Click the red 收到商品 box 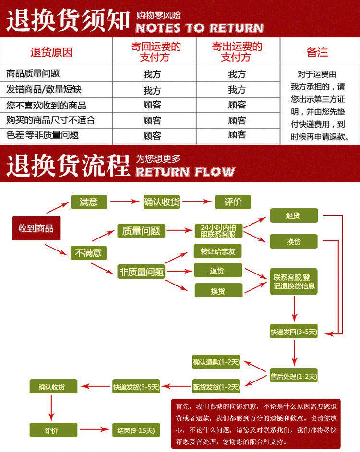click(x=36, y=228)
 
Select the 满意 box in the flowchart click(x=88, y=202)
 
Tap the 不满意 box click(x=88, y=252)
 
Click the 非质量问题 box click(x=142, y=272)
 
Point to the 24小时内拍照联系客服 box click(x=218, y=231)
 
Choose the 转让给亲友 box click(x=218, y=251)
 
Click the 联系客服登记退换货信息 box click(x=293, y=281)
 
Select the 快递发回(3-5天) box click(x=293, y=332)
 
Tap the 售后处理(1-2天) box click(x=293, y=376)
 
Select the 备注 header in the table click(x=317, y=52)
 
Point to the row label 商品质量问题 click(x=33, y=74)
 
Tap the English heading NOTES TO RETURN click(x=199, y=28)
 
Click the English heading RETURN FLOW click(x=185, y=171)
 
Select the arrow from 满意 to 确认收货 click(x=124, y=202)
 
